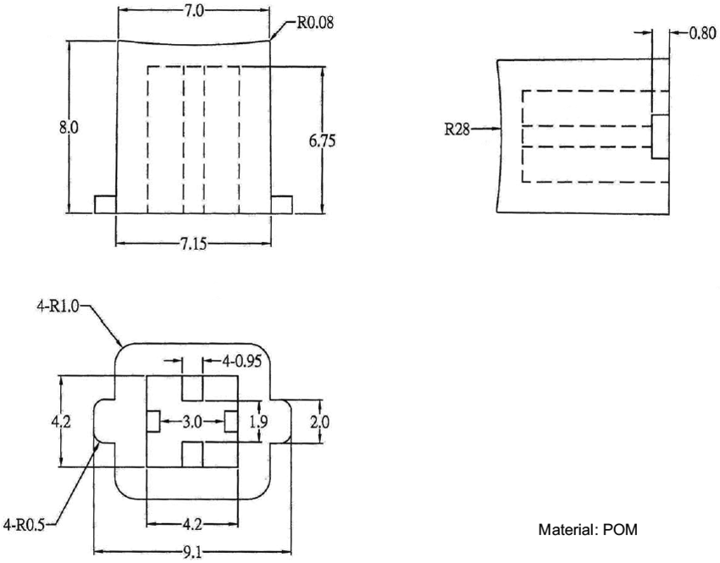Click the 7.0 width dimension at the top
coord(193,11)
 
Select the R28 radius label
coord(458,130)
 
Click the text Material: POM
coord(588,531)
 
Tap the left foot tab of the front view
coord(104,204)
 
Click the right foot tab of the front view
coord(281,204)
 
